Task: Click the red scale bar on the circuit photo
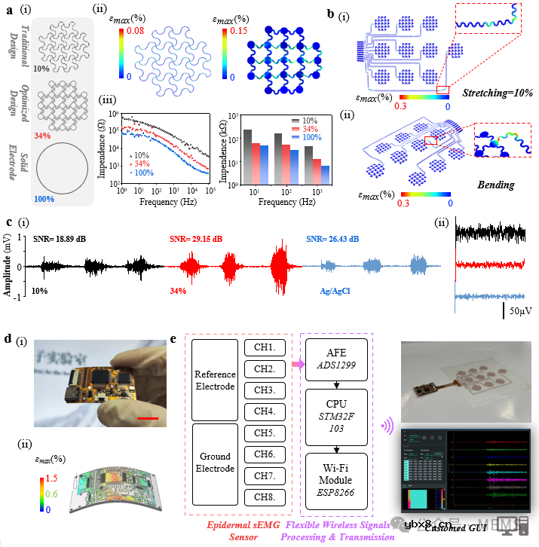point(148,415)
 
